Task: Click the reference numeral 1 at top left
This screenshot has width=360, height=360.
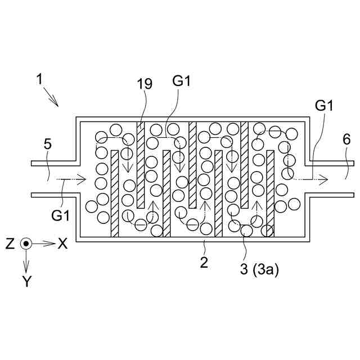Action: pos(40,79)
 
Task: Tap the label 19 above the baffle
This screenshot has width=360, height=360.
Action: pos(145,84)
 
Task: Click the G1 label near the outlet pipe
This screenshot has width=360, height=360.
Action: pos(325,105)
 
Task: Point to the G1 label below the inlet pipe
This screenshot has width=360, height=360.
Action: pos(59,214)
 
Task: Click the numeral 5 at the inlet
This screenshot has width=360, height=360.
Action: pos(47,145)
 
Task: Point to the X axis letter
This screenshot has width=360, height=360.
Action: pos(62,244)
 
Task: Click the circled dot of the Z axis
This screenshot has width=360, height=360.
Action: pos(25,244)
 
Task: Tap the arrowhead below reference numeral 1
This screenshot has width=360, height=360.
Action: pos(57,103)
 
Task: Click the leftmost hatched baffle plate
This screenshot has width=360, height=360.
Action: pos(115,194)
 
